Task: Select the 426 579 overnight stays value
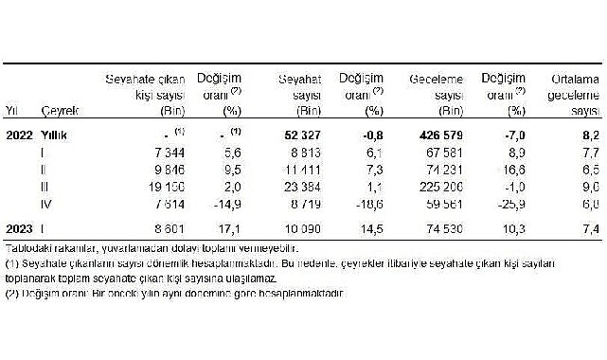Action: pyautogui.click(x=422, y=135)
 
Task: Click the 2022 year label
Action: pyautogui.click(x=20, y=135)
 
